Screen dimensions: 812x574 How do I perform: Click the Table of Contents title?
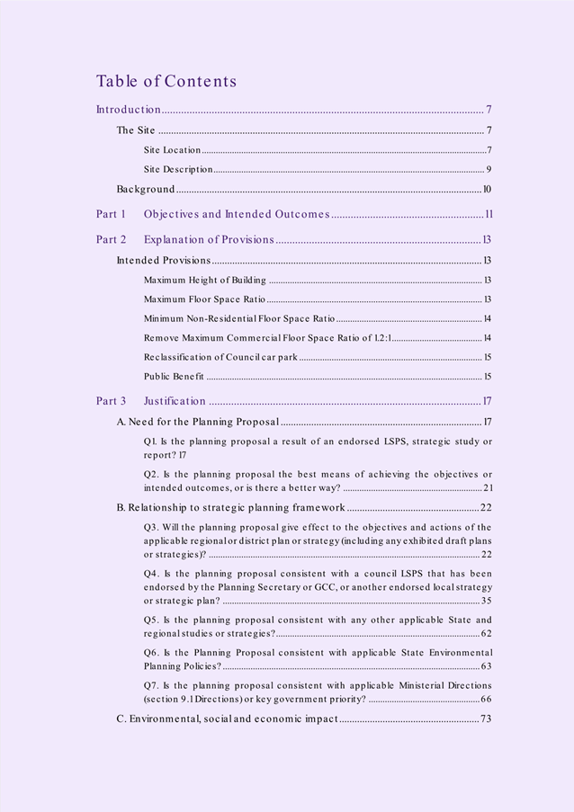coord(166,81)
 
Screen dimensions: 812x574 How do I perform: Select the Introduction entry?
coord(129,110)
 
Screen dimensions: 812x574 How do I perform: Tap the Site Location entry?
coord(172,150)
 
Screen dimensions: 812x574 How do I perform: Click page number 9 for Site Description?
coord(489,169)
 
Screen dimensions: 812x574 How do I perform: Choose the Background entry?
coord(146,189)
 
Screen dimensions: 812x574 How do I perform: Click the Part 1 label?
coord(112,214)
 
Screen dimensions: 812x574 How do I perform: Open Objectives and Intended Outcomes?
coord(237,214)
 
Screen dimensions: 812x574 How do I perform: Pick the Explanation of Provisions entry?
coord(209,239)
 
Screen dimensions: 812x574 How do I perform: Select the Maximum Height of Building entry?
coord(204,281)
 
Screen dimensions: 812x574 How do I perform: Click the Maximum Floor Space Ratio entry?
coord(204,299)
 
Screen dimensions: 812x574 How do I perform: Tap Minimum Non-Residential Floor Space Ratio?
coord(238,318)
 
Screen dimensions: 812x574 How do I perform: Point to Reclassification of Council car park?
coord(220,357)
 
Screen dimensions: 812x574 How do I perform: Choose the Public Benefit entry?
coord(174,376)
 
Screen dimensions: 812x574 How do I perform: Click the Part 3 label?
coord(112,401)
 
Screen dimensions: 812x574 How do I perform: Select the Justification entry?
coord(175,401)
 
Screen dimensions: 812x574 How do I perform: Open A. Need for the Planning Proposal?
coord(199,422)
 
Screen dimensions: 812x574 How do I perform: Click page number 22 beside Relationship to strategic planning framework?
coord(486,507)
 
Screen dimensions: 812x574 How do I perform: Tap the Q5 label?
coord(152,620)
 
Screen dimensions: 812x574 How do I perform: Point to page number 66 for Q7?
coord(486,699)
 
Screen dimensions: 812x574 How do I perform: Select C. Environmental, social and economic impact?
coord(227,718)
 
